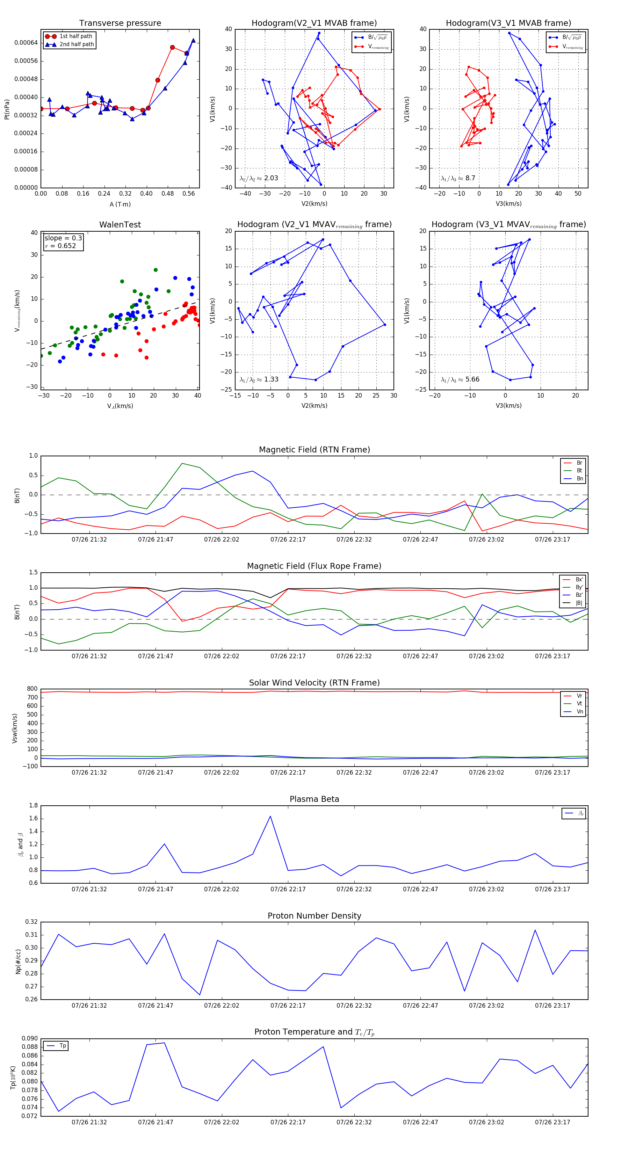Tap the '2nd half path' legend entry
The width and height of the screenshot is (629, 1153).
click(77, 44)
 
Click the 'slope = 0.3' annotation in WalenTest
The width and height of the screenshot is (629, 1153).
click(63, 238)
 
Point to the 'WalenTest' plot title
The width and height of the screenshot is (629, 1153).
click(120, 225)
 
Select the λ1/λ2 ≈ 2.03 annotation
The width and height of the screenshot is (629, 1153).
click(259, 178)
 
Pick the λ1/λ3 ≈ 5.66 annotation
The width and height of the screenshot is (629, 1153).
click(460, 379)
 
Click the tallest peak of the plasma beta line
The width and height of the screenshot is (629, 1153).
click(270, 816)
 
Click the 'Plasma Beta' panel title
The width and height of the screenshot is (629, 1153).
click(314, 799)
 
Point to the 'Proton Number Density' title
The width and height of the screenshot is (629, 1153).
click(314, 916)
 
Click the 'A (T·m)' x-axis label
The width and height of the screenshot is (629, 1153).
click(120, 204)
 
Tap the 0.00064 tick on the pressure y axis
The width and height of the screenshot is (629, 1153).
click(26, 43)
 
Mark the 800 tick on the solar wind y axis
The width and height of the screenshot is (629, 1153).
click(32, 689)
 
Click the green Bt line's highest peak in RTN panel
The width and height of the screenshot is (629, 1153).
click(182, 463)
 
